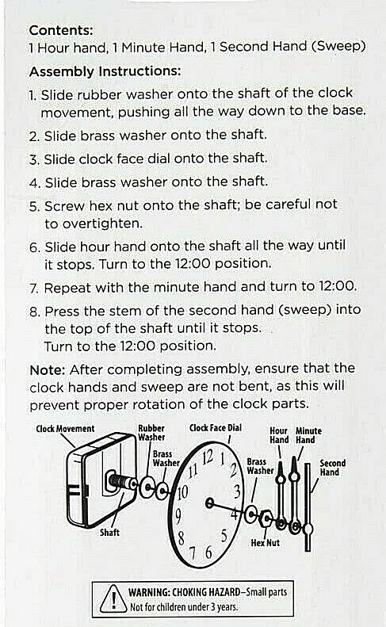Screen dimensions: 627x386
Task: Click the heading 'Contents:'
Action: click(x=61, y=30)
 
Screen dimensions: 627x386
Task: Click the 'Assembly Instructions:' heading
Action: click(x=105, y=71)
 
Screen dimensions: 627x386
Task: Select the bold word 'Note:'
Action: click(x=48, y=369)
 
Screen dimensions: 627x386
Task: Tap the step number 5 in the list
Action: click(x=33, y=205)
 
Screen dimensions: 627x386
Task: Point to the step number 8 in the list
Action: click(x=33, y=312)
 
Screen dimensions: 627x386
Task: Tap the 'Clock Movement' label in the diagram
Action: click(x=65, y=429)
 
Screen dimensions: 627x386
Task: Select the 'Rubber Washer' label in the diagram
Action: click(x=151, y=432)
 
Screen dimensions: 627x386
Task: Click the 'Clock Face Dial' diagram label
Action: click(x=215, y=428)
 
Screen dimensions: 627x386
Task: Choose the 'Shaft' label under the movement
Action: click(x=109, y=533)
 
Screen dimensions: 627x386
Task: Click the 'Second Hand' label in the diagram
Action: click(x=332, y=468)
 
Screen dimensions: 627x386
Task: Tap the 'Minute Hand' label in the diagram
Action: click(x=304, y=435)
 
